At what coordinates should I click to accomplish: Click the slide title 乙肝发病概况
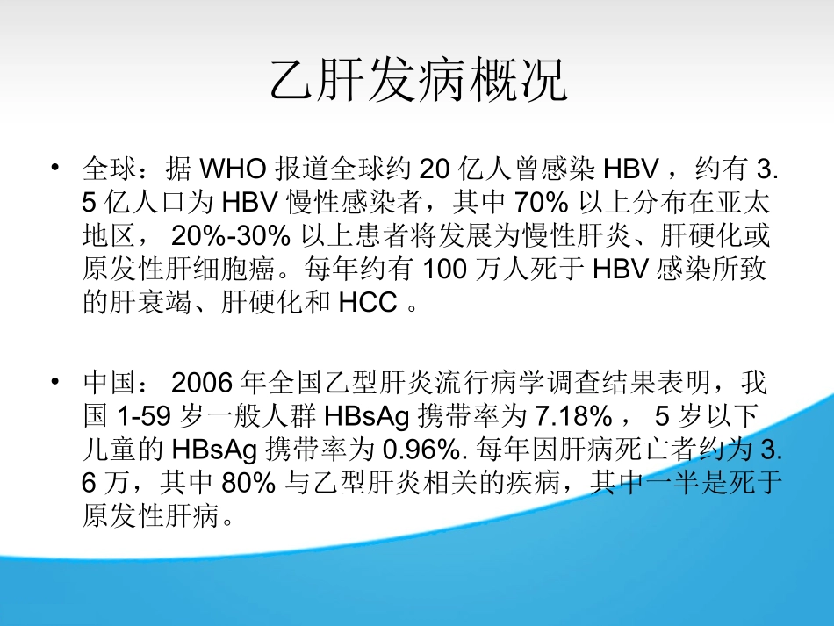click(417, 83)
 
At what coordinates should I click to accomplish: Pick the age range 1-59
click(131, 417)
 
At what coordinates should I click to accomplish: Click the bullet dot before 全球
click(55, 167)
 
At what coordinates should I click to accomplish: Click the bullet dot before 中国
click(55, 382)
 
